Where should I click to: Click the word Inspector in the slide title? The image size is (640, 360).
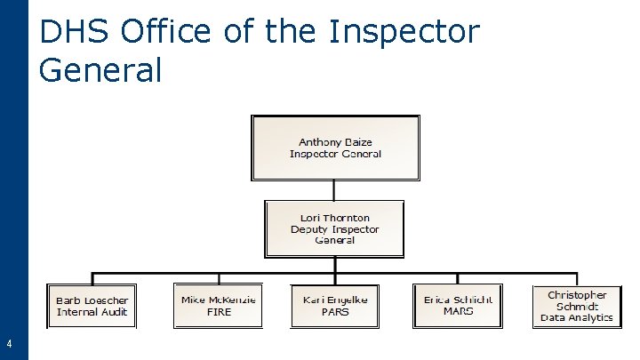coord(404,32)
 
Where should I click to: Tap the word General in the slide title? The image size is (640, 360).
coord(100,69)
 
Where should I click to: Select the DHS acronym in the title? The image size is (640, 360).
coord(75,32)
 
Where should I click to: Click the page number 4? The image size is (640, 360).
coord(9,344)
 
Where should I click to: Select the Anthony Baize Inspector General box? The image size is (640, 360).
coord(335,148)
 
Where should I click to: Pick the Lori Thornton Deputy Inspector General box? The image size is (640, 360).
coord(335,228)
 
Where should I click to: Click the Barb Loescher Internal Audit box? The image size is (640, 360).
coord(92,307)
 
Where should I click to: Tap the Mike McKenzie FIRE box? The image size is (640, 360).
coord(218,307)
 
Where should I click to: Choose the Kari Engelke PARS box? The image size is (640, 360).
coord(335,307)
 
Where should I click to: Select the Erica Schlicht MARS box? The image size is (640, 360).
coord(458,307)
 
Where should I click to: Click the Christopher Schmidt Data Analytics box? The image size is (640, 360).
coord(577,307)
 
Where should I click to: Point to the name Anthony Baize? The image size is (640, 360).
coord(335,142)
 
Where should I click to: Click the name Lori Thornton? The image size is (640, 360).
coord(335,218)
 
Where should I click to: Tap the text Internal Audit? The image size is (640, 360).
coord(92,312)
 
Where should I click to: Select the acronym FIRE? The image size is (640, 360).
coord(218,312)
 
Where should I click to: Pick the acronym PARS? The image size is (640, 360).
coord(335,312)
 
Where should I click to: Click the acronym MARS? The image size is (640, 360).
coord(458,312)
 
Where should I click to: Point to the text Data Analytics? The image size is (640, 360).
coord(577,317)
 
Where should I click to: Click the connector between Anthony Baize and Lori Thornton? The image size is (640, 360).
coord(334,190)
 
